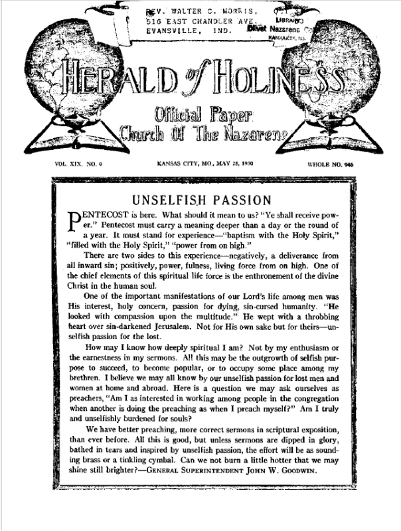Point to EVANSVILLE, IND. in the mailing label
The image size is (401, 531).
(187, 30)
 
